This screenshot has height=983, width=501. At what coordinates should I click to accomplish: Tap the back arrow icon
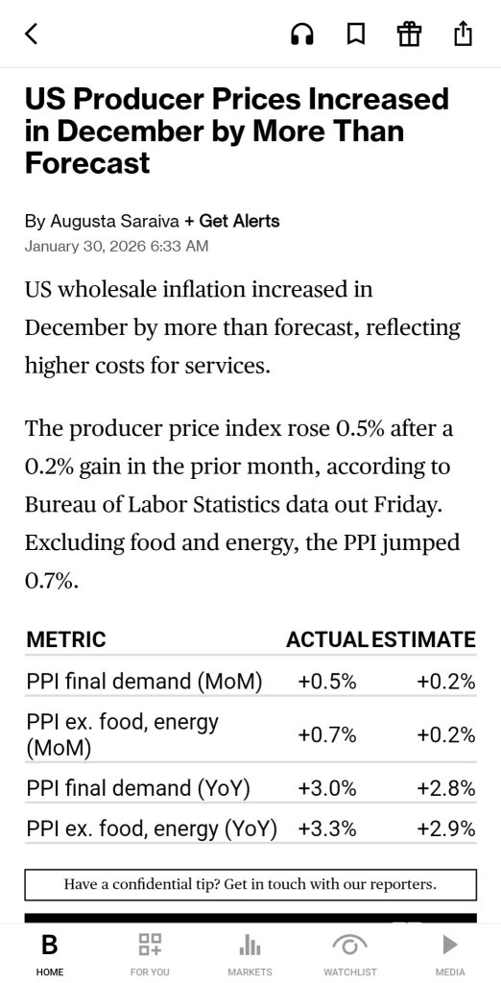click(32, 34)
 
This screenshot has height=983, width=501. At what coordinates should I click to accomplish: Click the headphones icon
click(302, 34)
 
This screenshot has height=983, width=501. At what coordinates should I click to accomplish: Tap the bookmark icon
click(355, 34)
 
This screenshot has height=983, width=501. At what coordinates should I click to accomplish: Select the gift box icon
click(409, 34)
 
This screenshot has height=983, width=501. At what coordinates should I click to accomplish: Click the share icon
click(462, 34)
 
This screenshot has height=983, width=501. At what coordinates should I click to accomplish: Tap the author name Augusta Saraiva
click(115, 222)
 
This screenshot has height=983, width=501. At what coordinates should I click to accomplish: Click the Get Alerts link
click(232, 222)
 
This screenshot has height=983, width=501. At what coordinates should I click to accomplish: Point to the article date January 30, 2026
click(86, 246)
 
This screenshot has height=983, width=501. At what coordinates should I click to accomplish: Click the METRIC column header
click(66, 639)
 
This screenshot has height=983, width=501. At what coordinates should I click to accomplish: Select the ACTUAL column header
click(326, 639)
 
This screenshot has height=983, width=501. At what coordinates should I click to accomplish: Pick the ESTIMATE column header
click(423, 639)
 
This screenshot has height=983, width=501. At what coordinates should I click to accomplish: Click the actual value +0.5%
click(327, 682)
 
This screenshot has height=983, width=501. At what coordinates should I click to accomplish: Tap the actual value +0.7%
click(327, 734)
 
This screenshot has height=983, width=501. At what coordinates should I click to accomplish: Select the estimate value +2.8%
click(446, 788)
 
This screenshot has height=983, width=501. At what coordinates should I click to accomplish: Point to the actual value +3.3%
click(327, 828)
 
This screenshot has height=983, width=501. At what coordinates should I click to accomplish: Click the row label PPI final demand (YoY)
click(138, 788)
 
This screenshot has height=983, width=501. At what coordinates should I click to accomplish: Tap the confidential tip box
click(250, 884)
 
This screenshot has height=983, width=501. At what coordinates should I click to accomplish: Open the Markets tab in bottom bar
click(250, 953)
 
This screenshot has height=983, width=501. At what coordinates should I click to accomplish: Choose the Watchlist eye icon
click(350, 945)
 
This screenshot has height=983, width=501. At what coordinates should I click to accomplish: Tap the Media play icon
click(450, 945)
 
